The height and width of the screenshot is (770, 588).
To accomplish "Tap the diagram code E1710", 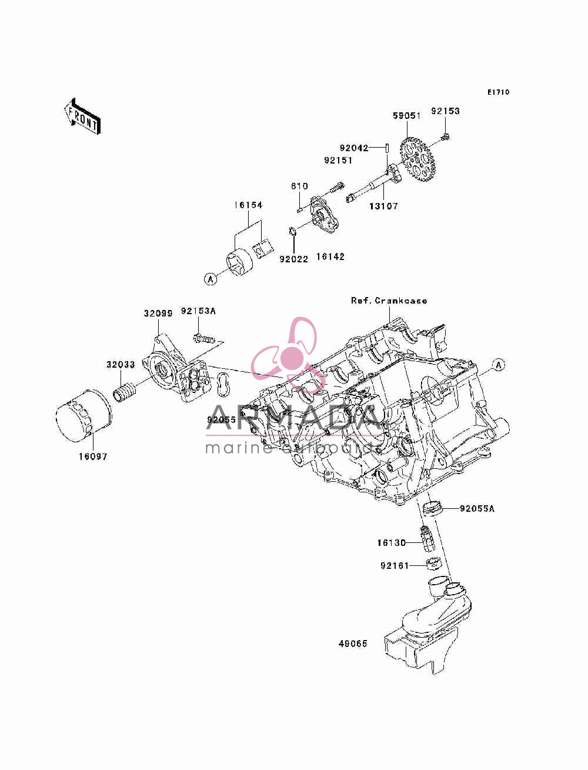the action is [498, 92].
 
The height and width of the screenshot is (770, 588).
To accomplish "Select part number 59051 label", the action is [406, 115].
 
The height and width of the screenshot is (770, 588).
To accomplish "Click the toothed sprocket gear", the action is [417, 159].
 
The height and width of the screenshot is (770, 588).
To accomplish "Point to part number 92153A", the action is [198, 311].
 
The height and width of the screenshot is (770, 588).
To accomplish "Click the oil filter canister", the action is [84, 416].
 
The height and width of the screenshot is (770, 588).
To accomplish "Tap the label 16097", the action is [92, 456].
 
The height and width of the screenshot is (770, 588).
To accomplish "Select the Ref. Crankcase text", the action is [389, 301].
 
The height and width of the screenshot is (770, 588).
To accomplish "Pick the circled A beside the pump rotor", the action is [211, 279].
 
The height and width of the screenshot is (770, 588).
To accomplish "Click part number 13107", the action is [383, 206].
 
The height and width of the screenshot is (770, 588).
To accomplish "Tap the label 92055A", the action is [477, 508].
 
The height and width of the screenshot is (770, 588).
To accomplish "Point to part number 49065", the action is [353, 644].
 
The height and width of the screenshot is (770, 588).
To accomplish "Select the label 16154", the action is [248, 205].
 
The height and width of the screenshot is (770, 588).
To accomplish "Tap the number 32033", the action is [121, 365].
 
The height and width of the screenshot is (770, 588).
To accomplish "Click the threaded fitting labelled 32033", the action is [125, 392].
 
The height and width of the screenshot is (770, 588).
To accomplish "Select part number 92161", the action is [395, 565].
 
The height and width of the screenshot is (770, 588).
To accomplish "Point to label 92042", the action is [354, 148].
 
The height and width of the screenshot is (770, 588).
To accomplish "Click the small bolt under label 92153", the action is [446, 137].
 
